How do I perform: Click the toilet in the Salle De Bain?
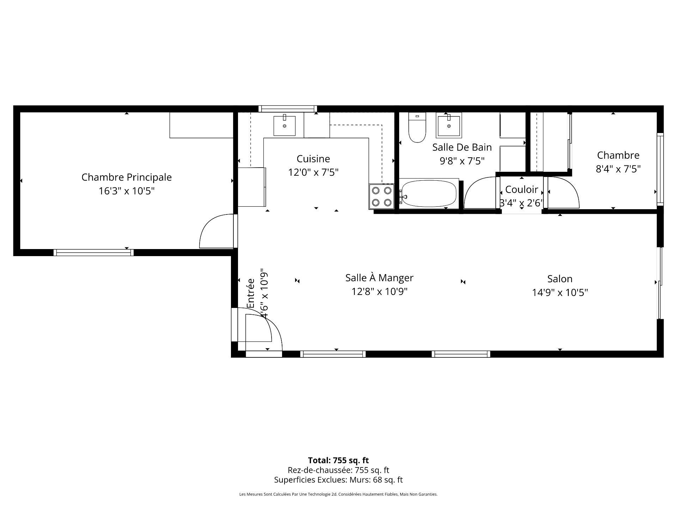click(417, 129)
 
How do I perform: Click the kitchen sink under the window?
click(284, 125)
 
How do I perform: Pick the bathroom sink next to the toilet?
click(449, 125)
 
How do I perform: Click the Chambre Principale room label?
click(127, 177)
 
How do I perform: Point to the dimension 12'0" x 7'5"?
click(313, 173)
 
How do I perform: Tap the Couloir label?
click(522, 190)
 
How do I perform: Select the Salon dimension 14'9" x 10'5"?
click(560, 292)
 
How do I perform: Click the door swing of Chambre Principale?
click(215, 231)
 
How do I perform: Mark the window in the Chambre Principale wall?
click(93, 252)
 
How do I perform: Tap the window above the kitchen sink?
click(287, 109)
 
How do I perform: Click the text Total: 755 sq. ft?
click(338, 460)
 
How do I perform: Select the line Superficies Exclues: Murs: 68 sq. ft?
click(338, 480)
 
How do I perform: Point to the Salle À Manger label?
click(379, 278)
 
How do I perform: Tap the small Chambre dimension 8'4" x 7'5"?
click(618, 169)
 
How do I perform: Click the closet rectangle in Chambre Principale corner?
click(201, 125)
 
